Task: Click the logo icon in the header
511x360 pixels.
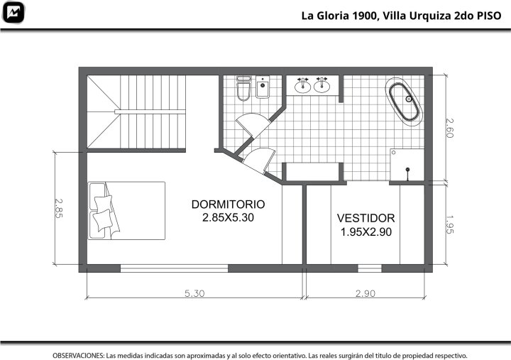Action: pos(13,12)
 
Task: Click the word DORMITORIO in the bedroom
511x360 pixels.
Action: pos(228,204)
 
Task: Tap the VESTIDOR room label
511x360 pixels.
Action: pos(366,218)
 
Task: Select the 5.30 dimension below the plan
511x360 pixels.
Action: pos(194,293)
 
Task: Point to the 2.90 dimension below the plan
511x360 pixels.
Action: pos(366,293)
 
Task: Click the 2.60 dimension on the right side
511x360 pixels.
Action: pos(449,128)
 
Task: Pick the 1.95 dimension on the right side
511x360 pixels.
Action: pos(449,224)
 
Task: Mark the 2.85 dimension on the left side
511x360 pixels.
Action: pos(58,209)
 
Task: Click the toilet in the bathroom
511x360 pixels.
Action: pos(243,88)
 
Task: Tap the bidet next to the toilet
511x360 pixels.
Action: pos(263,87)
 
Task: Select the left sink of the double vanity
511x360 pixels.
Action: pos(303,85)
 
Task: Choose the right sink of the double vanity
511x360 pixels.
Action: pos(322,85)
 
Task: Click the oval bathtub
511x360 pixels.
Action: pos(404,102)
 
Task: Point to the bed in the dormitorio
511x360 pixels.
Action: pos(126,211)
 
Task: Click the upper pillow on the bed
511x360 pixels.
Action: pos(104,203)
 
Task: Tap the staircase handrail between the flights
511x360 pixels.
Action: pos(150,112)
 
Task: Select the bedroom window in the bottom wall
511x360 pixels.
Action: pos(174,268)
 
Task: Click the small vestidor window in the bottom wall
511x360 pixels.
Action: pos(370,268)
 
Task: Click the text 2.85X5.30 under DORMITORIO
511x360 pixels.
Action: pos(228,217)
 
